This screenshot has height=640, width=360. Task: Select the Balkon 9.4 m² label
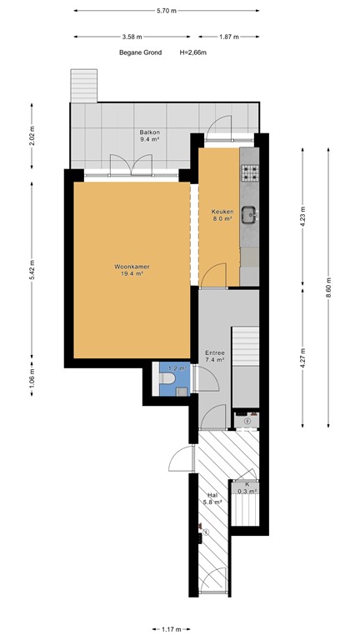[x=150, y=137]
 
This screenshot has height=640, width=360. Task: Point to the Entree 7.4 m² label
[x=215, y=357]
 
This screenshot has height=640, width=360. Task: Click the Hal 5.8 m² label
[x=212, y=499]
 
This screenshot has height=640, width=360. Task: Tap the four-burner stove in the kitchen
[x=251, y=173]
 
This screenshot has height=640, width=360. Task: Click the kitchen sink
[x=250, y=216]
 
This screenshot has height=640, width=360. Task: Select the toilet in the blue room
[x=168, y=381]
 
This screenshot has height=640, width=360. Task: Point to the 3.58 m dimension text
[x=131, y=37]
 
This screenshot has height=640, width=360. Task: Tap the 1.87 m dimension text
[x=229, y=37]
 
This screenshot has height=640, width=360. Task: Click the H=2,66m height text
[x=192, y=52]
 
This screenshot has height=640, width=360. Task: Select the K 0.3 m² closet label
[x=246, y=487]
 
